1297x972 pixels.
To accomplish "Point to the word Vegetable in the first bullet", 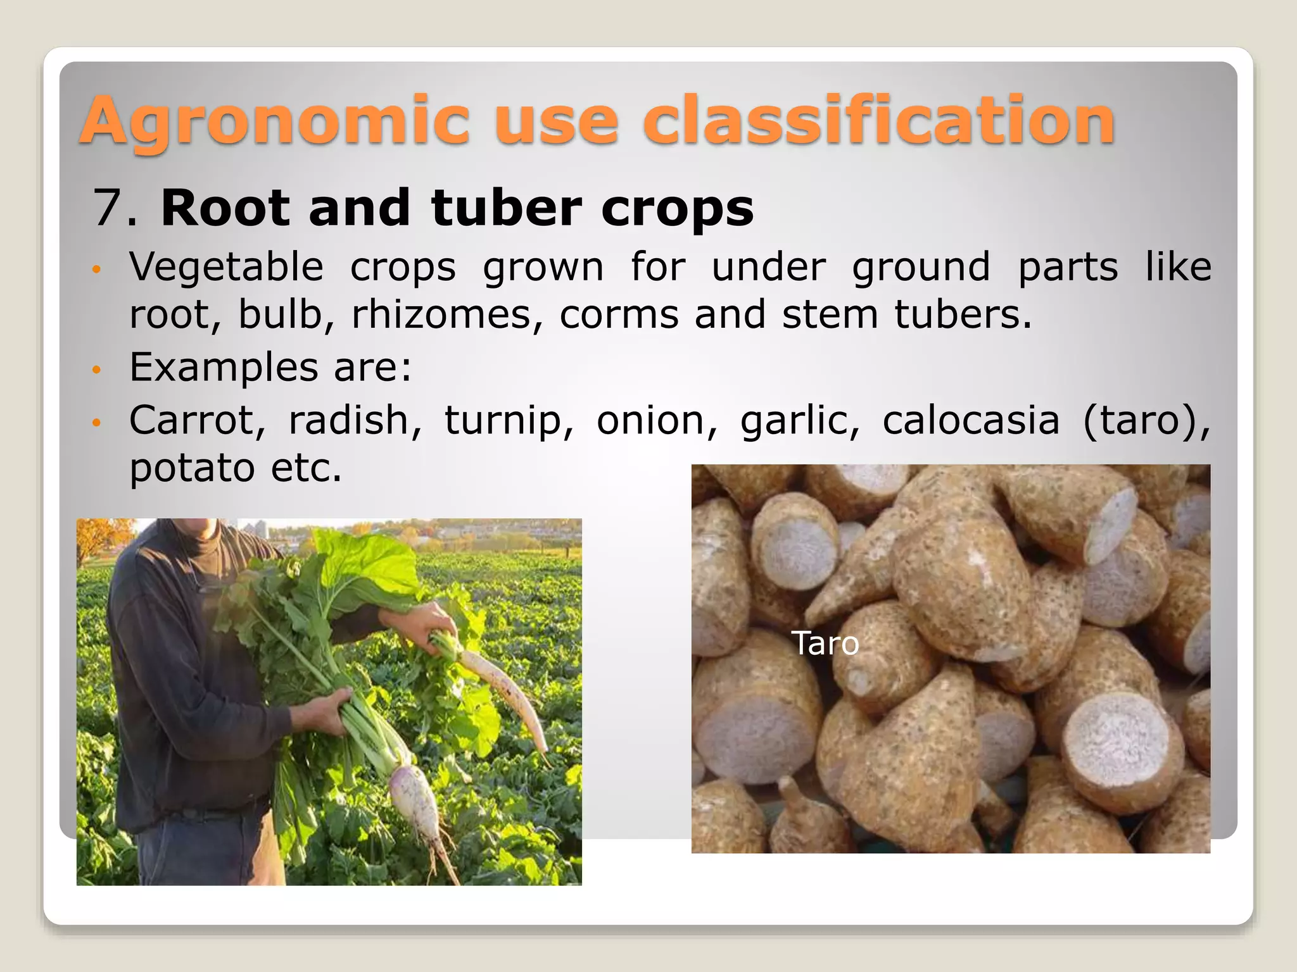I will point(226,266).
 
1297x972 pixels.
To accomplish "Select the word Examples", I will point(224,367).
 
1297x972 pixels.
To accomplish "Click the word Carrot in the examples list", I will point(197,420).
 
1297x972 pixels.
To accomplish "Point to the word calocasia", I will point(970,420).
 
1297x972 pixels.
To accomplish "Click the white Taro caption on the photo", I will point(825,644).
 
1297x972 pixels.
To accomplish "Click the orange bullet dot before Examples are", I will point(96,369).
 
